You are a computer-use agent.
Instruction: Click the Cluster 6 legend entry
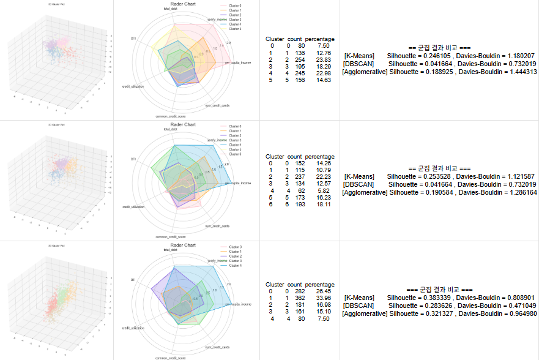(x=235, y=154)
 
